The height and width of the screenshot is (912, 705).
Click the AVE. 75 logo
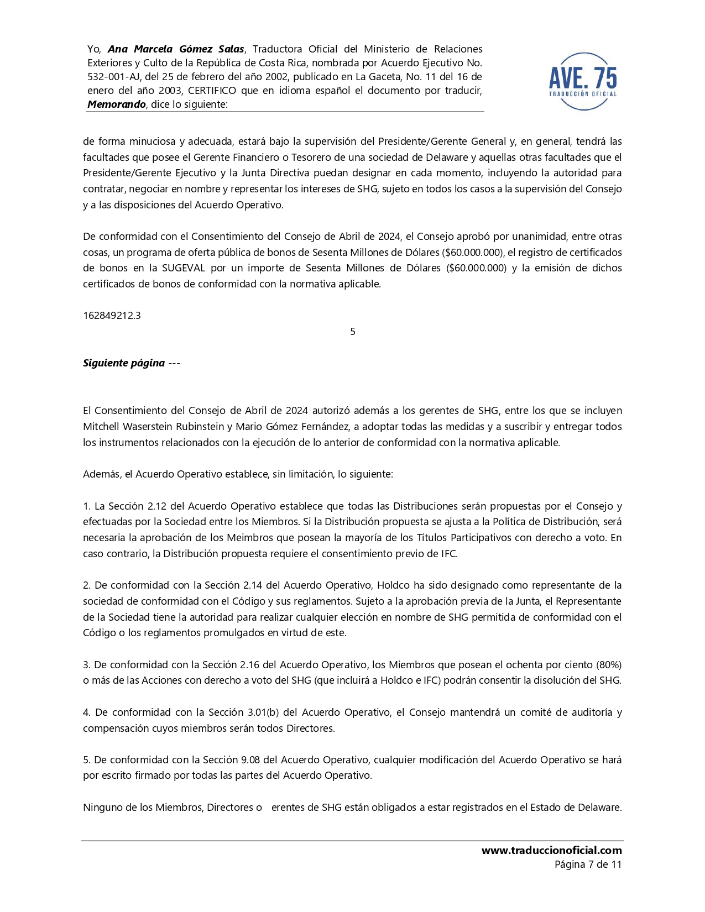click(583, 81)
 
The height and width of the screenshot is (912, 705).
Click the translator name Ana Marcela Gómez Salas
click(176, 49)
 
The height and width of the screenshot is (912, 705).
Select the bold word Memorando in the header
click(117, 104)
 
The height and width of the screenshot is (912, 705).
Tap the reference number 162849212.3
click(112, 316)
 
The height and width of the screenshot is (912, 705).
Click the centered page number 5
click(353, 332)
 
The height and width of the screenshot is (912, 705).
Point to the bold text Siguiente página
click(124, 363)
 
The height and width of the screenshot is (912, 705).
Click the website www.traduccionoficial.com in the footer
click(551, 850)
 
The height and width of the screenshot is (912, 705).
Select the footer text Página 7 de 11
click(588, 864)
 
